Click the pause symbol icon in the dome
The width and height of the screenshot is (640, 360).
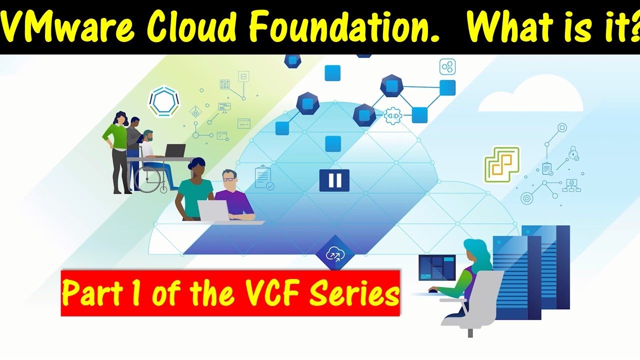pos(334,180)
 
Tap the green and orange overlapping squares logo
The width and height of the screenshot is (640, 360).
pos(502,163)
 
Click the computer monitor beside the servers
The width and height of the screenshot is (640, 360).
pos(436,268)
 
